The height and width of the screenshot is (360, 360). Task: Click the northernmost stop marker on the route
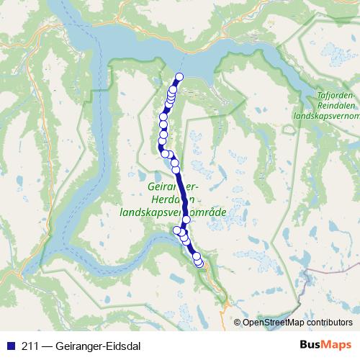coord(179,77)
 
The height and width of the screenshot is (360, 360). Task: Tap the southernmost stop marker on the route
coord(199,265)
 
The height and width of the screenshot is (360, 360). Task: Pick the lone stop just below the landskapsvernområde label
coord(186,219)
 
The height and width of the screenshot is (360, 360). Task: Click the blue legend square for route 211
coord(10,344)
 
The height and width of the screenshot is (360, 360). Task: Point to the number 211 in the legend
coord(30,344)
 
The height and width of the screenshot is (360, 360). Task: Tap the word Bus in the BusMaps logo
coord(310,344)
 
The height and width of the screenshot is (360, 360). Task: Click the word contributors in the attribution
coord(328,323)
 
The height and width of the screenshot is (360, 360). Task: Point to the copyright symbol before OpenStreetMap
coord(238,323)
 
